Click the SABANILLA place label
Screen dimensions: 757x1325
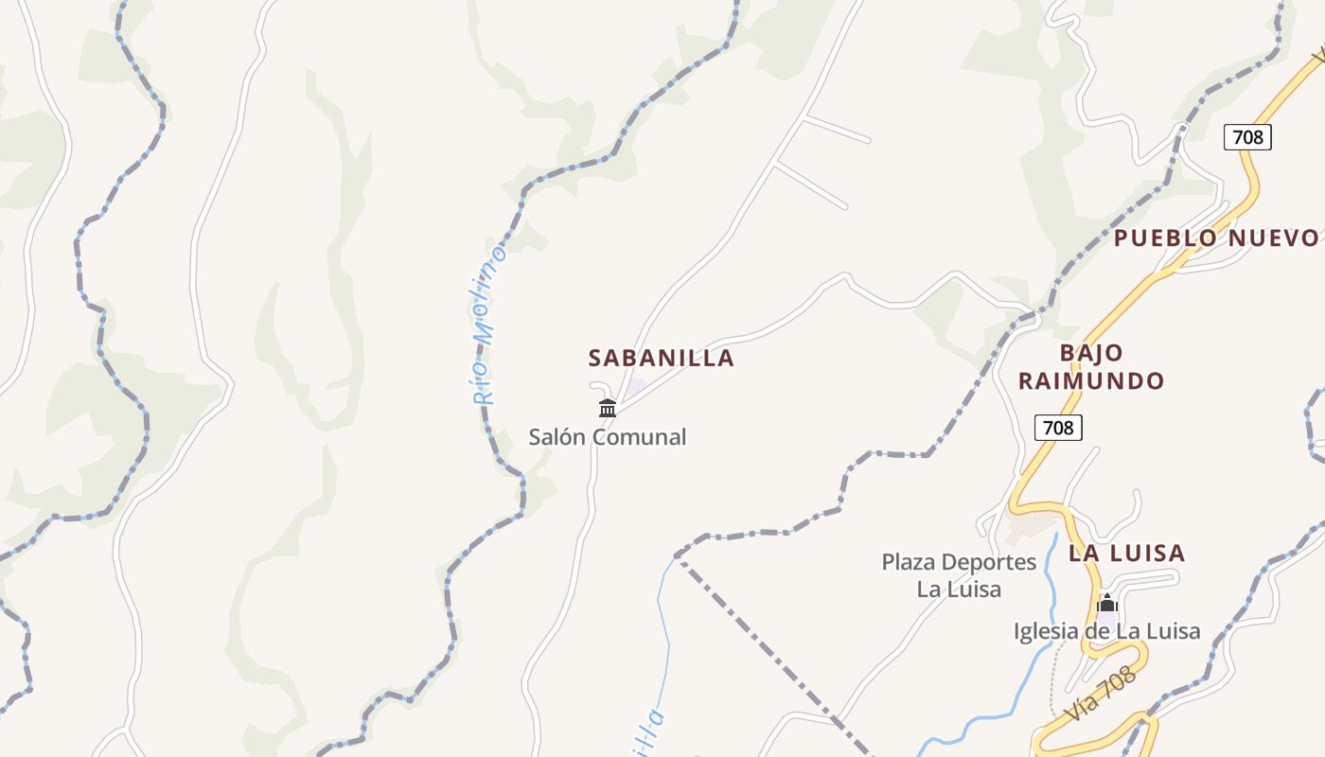point(661,358)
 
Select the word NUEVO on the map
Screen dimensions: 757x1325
point(1272,238)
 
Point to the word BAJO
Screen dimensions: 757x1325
point(1091,353)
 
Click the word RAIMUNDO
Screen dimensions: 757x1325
point(1091,381)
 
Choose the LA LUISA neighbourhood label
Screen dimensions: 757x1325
point(1126,553)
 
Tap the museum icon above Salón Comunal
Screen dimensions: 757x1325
point(608,408)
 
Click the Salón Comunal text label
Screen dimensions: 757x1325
point(607,437)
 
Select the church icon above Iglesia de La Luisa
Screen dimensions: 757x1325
point(1107,604)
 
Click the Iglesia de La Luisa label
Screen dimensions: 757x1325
point(1106,631)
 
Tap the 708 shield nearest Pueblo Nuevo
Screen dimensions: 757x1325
point(1247,137)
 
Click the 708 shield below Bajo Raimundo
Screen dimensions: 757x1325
point(1057,428)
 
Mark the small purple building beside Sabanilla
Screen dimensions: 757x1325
point(636,386)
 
